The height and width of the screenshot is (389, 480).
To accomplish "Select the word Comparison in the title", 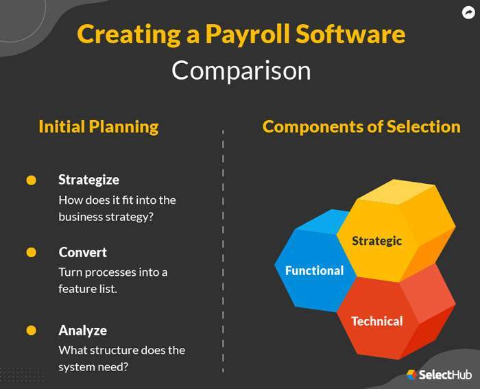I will coord(241,71).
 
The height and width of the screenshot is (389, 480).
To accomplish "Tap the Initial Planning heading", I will coord(98,127).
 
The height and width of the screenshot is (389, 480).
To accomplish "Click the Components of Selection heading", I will coord(361,127).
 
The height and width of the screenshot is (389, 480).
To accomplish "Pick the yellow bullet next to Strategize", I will coord(31,180).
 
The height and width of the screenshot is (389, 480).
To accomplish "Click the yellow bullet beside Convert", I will coord(31,252).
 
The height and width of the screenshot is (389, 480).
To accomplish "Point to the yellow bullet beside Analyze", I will coord(31,331).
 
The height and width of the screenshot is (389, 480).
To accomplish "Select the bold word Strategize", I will coord(88,180).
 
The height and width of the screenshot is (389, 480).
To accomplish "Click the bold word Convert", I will coord(82,252).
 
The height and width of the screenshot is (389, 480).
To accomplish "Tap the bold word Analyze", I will coord(82,330).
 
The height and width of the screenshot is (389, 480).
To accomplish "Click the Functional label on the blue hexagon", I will coord(314,270).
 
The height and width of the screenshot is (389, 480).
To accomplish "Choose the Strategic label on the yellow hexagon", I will coord(376,241).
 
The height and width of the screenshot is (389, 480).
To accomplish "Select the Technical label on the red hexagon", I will coord(376,321).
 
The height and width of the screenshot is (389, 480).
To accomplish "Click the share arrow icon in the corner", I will coord(468,12).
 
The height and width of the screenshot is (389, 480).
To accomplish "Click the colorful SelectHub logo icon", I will coord(411,375).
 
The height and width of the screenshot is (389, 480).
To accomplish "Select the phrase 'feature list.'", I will coord(88,289).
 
